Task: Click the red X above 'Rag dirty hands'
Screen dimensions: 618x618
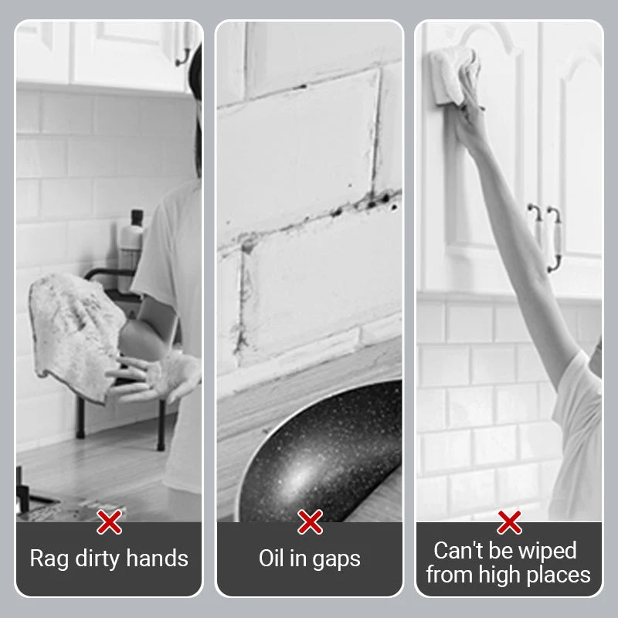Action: pyautogui.click(x=109, y=522)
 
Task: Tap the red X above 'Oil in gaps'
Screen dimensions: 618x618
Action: pyautogui.click(x=311, y=522)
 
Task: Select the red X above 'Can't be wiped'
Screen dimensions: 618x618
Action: pyautogui.click(x=510, y=522)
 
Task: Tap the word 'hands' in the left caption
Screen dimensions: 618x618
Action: pyautogui.click(x=158, y=558)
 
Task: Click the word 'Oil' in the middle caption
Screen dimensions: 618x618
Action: pyautogui.click(x=272, y=558)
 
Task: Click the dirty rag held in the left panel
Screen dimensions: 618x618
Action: pyautogui.click(x=76, y=335)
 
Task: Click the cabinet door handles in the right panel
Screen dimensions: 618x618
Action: pyautogui.click(x=546, y=236)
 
